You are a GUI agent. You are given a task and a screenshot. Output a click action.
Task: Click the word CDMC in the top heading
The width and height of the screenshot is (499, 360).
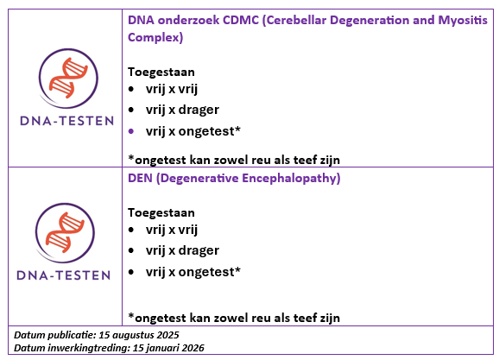[x=241, y=20]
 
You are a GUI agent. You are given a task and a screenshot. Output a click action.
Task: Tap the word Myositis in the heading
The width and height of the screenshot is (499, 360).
[x=463, y=20]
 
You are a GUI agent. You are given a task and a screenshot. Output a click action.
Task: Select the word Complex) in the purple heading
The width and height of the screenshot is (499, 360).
[x=155, y=37]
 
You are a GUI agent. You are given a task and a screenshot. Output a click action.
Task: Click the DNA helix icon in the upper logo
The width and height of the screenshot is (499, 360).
[x=68, y=78]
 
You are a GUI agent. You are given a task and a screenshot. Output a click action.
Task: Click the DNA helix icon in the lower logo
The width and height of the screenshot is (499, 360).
[x=65, y=232]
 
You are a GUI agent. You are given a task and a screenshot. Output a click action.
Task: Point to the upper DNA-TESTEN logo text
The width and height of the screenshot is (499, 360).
[x=66, y=121]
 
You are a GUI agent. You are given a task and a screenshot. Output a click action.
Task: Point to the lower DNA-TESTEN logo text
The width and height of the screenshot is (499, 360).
[x=64, y=275]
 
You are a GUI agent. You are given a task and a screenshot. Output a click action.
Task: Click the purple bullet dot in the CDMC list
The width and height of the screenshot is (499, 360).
[x=131, y=131]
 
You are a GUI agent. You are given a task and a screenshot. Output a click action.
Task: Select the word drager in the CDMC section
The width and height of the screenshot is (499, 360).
[x=199, y=110]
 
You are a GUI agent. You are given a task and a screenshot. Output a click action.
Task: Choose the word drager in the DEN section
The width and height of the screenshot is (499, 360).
[x=199, y=250]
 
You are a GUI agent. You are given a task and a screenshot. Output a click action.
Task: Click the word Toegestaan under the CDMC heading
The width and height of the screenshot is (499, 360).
[x=161, y=73]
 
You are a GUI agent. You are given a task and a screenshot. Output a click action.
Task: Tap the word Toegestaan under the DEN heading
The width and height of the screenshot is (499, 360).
[x=161, y=213]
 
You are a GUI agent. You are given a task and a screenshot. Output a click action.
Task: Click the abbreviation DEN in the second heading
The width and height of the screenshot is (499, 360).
[x=140, y=178]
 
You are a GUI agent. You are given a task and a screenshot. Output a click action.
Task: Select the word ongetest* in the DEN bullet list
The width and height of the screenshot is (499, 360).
[x=210, y=272]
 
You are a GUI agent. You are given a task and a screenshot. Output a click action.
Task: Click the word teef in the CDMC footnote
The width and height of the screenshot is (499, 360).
[x=306, y=160]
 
